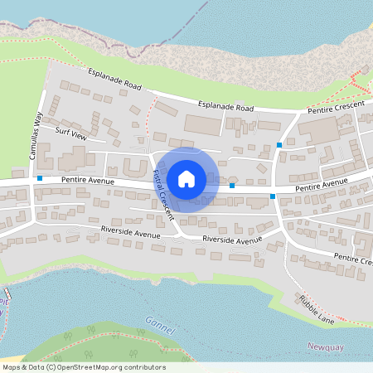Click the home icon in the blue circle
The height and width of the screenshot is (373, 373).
point(186,178)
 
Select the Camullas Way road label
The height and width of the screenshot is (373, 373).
point(36,138)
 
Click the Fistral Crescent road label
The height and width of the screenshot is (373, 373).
point(162,192)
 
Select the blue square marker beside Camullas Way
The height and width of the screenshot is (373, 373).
point(40,177)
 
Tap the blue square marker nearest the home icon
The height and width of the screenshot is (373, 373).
point(232,186)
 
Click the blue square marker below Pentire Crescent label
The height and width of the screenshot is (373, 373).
point(279,145)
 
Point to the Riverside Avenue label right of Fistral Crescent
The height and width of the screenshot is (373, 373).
point(232,240)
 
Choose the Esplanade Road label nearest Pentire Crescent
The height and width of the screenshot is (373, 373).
point(226,107)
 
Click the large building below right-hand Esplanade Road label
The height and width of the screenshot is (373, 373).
point(203,124)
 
